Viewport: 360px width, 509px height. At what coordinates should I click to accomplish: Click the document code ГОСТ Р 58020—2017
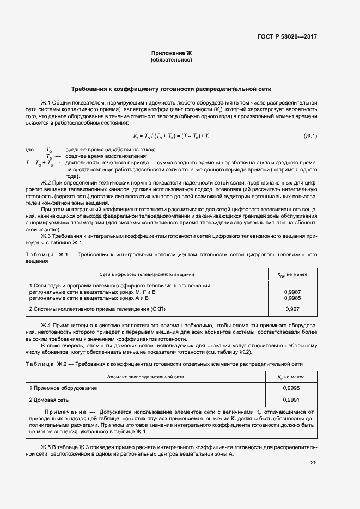[286, 36]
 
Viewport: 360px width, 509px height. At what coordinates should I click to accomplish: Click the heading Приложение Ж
[171, 53]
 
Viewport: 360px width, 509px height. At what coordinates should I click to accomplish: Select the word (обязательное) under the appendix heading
[171, 60]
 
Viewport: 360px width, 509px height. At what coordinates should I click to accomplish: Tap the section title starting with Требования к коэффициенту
[172, 89]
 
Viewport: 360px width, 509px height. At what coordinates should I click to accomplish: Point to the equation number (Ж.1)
[310, 136]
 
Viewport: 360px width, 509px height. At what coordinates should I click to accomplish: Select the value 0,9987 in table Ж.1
[292, 292]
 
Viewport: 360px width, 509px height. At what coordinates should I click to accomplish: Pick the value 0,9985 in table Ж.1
[292, 298]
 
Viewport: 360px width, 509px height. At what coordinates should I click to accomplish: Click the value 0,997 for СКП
[292, 309]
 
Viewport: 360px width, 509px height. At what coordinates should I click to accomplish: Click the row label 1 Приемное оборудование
[63, 388]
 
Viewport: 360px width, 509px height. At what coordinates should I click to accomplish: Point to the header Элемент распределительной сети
[145, 376]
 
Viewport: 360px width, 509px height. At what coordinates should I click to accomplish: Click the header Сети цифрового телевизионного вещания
[147, 275]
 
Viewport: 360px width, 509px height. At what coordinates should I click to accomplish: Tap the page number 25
[313, 463]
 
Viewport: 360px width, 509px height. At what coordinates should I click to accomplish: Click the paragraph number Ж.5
[46, 446]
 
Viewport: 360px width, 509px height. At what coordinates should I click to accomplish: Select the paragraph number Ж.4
[46, 325]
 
